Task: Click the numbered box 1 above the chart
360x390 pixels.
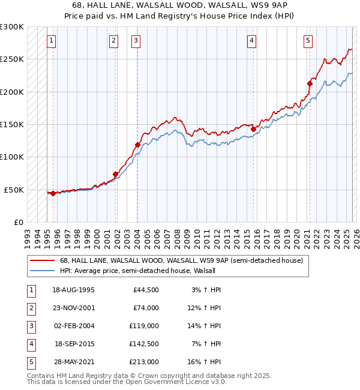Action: (x=52, y=41)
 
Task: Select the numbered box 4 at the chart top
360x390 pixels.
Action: (x=252, y=41)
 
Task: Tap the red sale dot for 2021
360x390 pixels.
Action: (x=310, y=83)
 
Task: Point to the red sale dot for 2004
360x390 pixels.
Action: (x=137, y=145)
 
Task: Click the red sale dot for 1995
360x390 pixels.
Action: (x=53, y=193)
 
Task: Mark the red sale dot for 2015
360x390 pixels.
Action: (x=253, y=129)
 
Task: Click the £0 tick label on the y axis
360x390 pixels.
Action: (x=18, y=222)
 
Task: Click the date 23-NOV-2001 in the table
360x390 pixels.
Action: (x=73, y=308)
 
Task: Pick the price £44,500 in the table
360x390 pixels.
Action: (x=146, y=290)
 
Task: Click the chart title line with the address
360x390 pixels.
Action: (x=180, y=5)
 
